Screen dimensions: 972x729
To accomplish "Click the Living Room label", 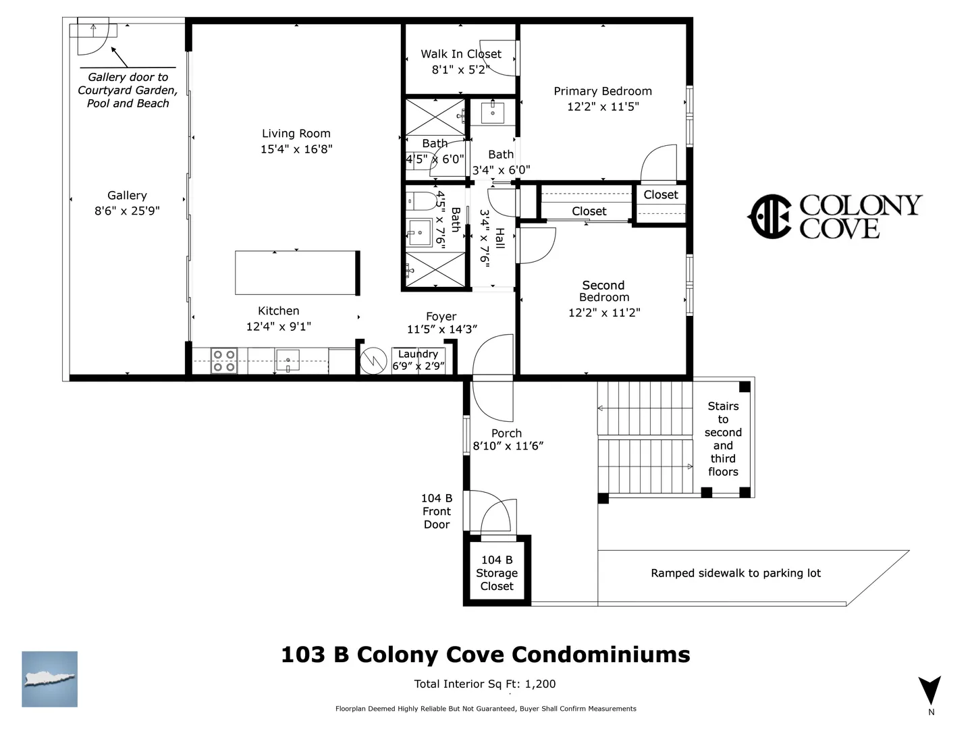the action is coord(296,133).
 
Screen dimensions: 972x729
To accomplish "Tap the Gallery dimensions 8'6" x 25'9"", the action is coord(127,211).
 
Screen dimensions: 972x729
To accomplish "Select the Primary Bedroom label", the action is coord(603,91).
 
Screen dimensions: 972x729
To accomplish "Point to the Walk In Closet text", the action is coord(461,54).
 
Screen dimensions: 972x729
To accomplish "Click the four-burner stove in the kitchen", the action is coord(224,360).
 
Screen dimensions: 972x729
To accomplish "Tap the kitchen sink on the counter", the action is coord(288,360).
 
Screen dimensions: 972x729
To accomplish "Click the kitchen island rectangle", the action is coord(297,273).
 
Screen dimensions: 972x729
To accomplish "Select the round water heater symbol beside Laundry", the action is coord(373,360).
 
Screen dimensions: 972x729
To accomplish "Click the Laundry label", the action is coord(418,354).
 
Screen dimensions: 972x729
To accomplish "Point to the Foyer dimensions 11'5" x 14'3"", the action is coord(442,329).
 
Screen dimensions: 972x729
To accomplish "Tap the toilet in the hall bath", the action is coord(421,201).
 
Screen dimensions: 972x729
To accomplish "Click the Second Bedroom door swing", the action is coord(537,246).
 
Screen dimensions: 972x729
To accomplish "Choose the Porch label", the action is coord(507,433).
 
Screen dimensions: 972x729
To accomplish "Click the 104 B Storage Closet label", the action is coord(497,573).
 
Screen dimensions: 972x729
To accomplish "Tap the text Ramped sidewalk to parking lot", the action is coord(736,573).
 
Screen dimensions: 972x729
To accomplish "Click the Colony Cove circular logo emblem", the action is coord(769,217).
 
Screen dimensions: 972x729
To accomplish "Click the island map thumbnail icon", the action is coord(49,679).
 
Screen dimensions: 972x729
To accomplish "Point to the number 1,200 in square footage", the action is coord(540,684).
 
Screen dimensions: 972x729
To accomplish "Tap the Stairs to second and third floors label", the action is coord(723,439).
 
